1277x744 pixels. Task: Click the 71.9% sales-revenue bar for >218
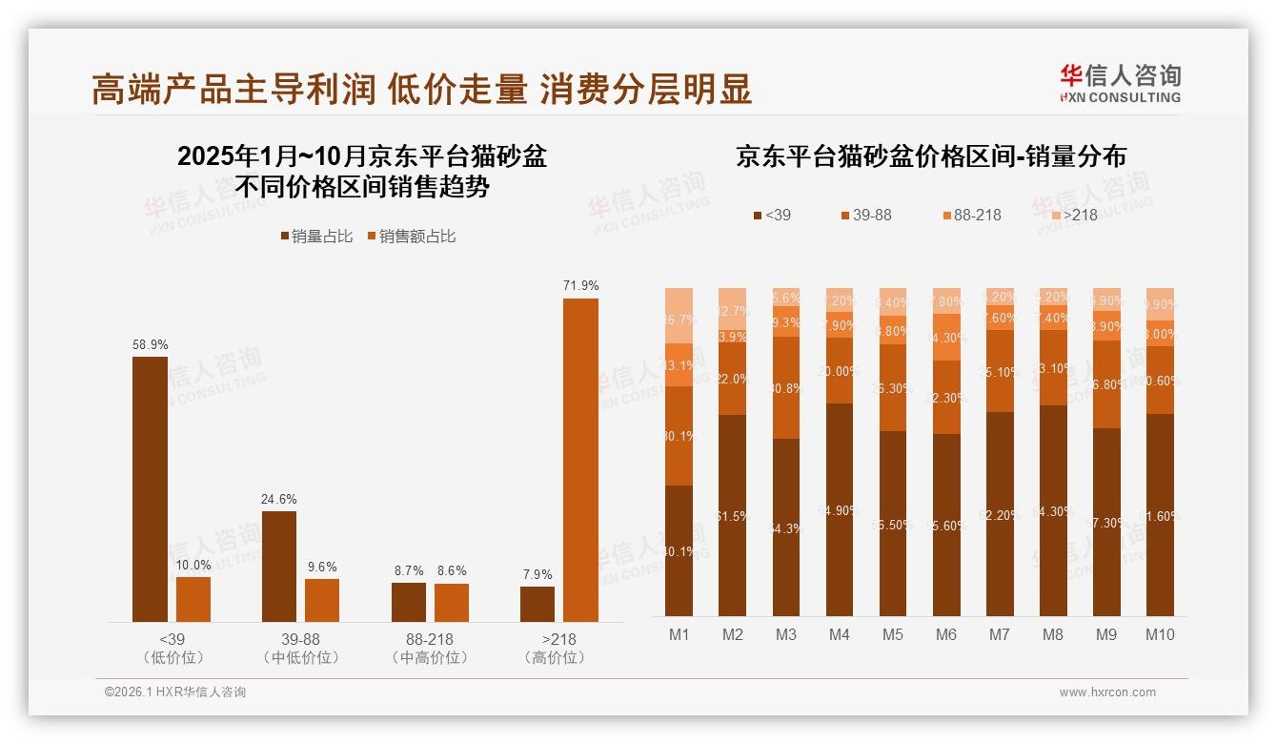point(580,460)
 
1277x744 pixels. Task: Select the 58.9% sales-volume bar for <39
point(150,489)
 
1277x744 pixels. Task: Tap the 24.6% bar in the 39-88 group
point(279,567)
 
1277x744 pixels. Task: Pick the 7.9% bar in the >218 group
point(537,604)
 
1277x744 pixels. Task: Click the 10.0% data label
point(193,566)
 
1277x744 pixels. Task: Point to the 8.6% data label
point(452,571)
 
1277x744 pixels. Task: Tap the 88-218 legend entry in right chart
point(971,215)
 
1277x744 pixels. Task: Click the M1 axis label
point(679,634)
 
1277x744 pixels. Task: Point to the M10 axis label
point(1160,634)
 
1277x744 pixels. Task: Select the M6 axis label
point(946,634)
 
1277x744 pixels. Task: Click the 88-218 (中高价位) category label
point(430,649)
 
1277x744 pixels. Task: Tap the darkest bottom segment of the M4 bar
point(840,509)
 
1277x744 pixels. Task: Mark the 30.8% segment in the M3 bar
point(786,387)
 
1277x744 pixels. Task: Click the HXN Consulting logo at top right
point(1120,83)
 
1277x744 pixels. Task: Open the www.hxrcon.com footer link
point(1107,692)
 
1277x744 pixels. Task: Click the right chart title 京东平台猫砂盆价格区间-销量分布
point(930,156)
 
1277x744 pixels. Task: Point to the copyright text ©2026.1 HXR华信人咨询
point(174,692)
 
